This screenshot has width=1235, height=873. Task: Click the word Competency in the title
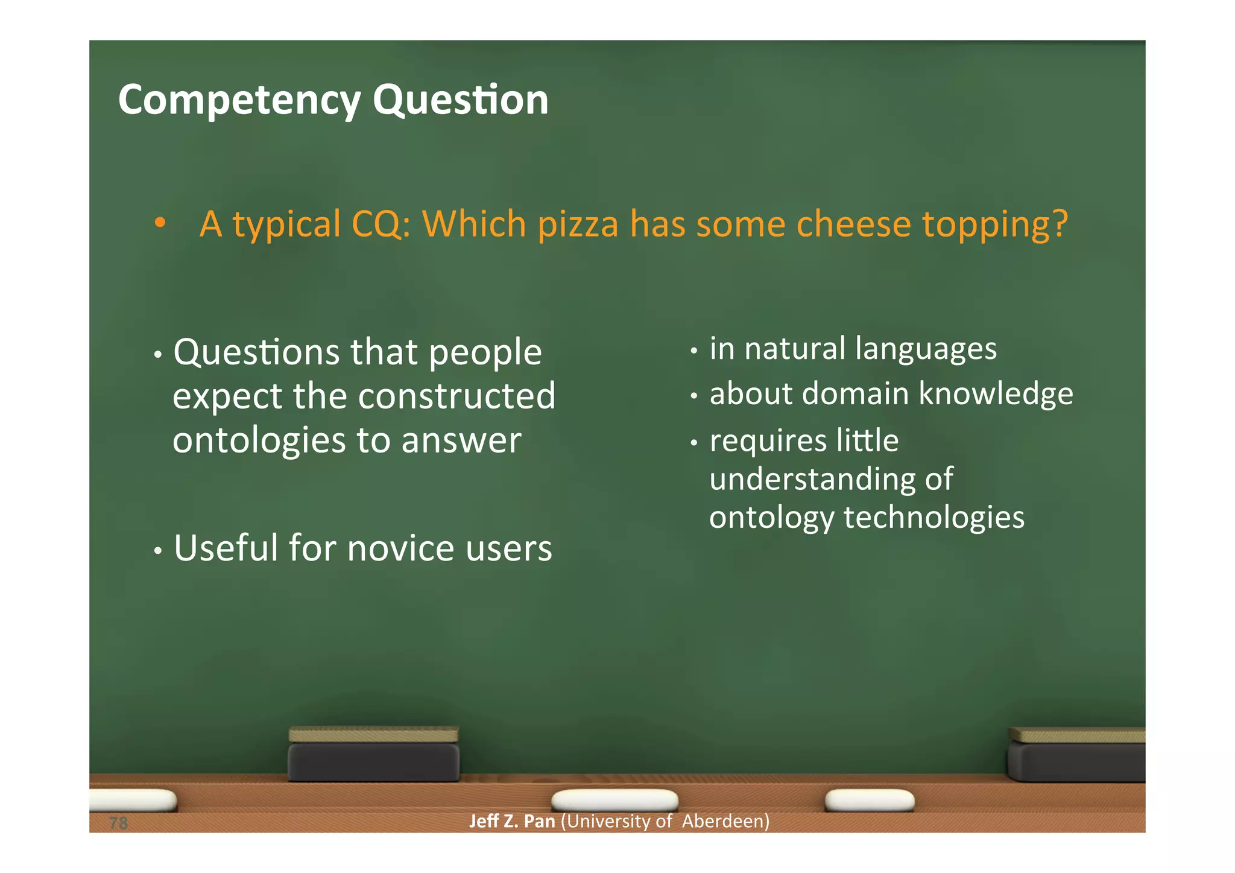tap(239, 100)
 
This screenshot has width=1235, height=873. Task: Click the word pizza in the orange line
tap(578, 224)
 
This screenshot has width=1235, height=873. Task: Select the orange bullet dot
tap(159, 223)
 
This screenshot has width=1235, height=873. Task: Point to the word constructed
tap(456, 396)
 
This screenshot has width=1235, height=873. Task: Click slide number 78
tap(119, 823)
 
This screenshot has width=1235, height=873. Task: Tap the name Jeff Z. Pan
tap(511, 822)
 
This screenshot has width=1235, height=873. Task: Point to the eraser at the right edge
tap(1077, 755)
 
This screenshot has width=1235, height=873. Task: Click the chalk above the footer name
tap(614, 800)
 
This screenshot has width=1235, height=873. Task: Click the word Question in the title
tap(461, 100)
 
